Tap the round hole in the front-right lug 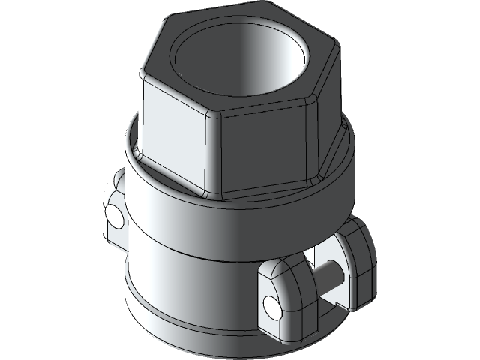271,304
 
